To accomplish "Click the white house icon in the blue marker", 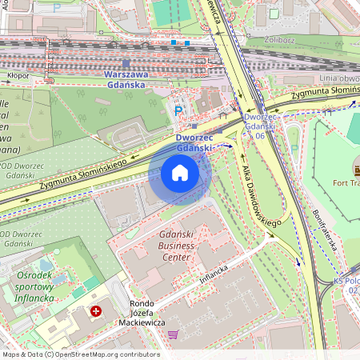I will point(180,173).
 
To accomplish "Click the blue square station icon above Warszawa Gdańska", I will point(126,62).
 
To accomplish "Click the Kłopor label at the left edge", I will point(18,77).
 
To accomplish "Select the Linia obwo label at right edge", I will point(337,78).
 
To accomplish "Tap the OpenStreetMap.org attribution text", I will point(80,354).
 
